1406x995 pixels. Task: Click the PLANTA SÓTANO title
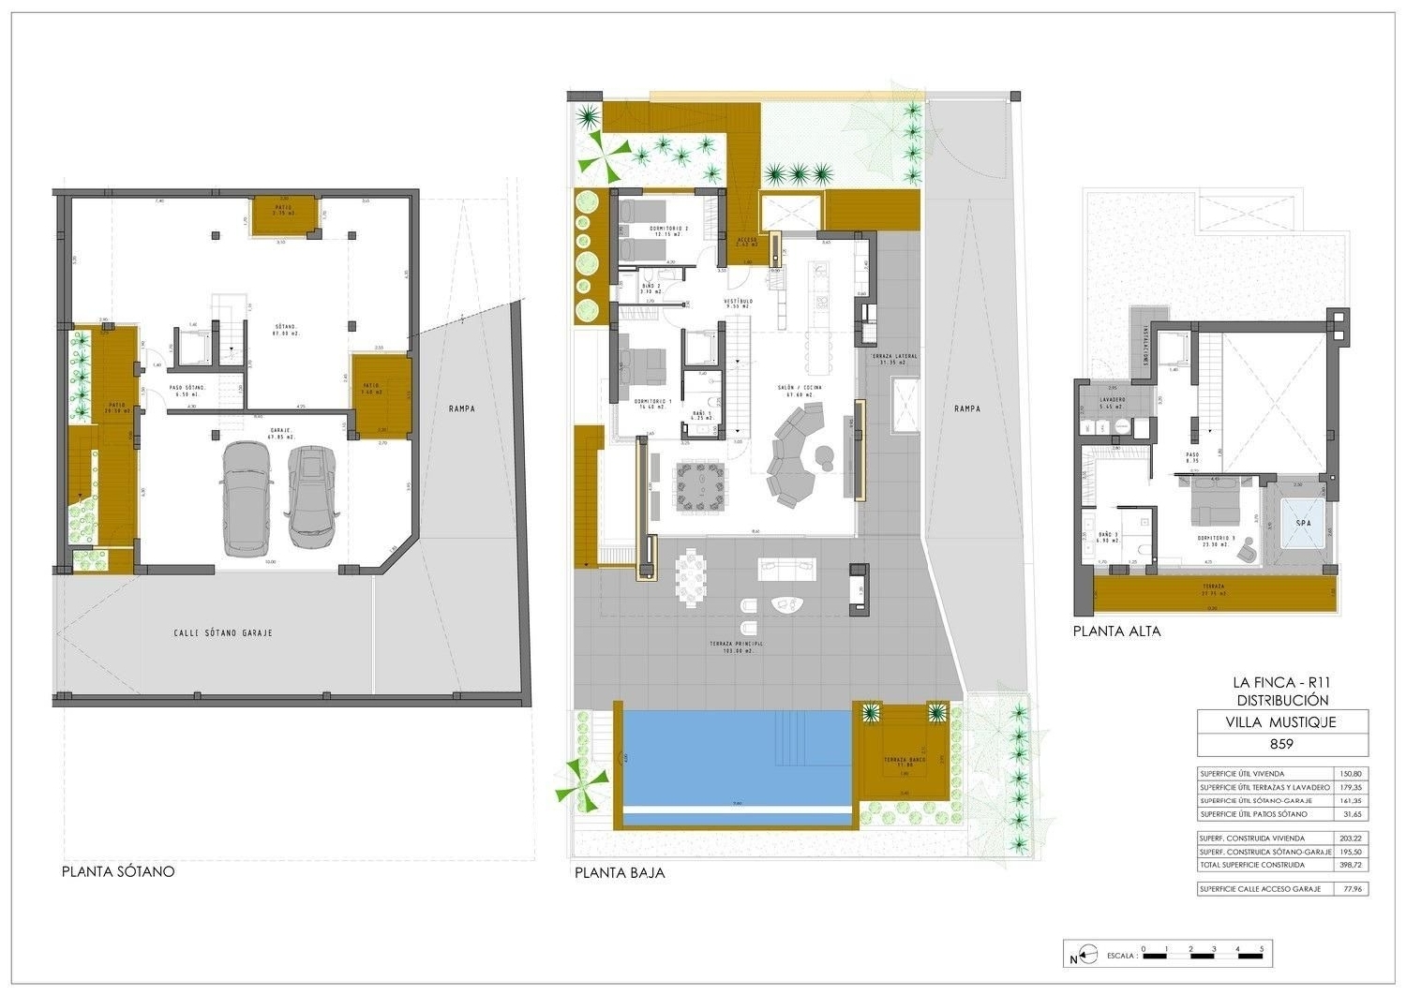pos(118,871)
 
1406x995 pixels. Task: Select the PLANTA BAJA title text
pos(620,872)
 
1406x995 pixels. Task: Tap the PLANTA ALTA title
pos(1116,631)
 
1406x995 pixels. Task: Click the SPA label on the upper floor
pos(1303,524)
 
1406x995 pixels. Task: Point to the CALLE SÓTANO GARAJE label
pos(223,633)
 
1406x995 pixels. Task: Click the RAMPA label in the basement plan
pos(461,408)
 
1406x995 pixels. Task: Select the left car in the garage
pos(246,497)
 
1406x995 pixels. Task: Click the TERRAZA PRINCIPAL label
pos(736,645)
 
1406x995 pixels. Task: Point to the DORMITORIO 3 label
pos(1217,538)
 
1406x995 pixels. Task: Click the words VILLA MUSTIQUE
pos(1281,722)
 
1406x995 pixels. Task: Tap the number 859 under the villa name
pos(1281,745)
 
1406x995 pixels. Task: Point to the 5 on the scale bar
pos(1262,949)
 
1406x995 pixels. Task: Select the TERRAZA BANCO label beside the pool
pos(904,760)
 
